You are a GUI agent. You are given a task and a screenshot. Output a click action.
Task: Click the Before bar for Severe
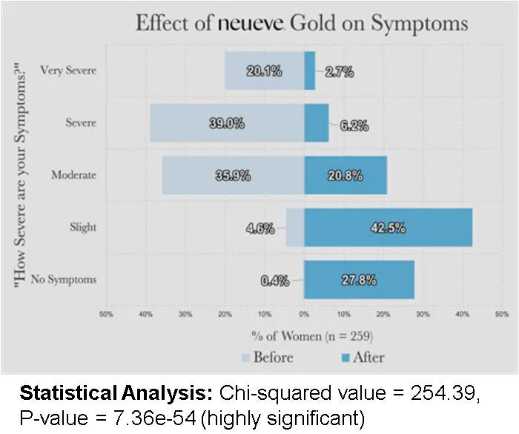(227, 122)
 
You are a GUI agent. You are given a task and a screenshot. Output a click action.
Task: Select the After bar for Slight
(389, 227)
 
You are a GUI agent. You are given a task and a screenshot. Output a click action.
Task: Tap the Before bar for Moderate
(234, 175)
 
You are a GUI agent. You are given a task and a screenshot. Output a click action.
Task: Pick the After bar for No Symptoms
(360, 280)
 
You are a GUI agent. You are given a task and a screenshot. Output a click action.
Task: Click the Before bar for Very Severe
(265, 70)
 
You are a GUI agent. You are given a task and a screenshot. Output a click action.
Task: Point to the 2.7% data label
(340, 71)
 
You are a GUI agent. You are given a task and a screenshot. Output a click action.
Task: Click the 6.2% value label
(354, 125)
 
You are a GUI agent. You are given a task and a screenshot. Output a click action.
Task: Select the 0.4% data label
(274, 281)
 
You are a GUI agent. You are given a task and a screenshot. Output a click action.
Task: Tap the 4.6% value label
(259, 228)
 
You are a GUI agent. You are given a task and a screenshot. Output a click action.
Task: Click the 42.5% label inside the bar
(388, 228)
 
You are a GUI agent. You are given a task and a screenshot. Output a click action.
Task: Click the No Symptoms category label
(63, 280)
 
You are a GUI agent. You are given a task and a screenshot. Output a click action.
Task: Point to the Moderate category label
(73, 175)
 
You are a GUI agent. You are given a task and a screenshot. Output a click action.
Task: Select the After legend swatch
(346, 358)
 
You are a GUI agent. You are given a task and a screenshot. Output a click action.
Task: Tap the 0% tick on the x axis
(304, 315)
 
